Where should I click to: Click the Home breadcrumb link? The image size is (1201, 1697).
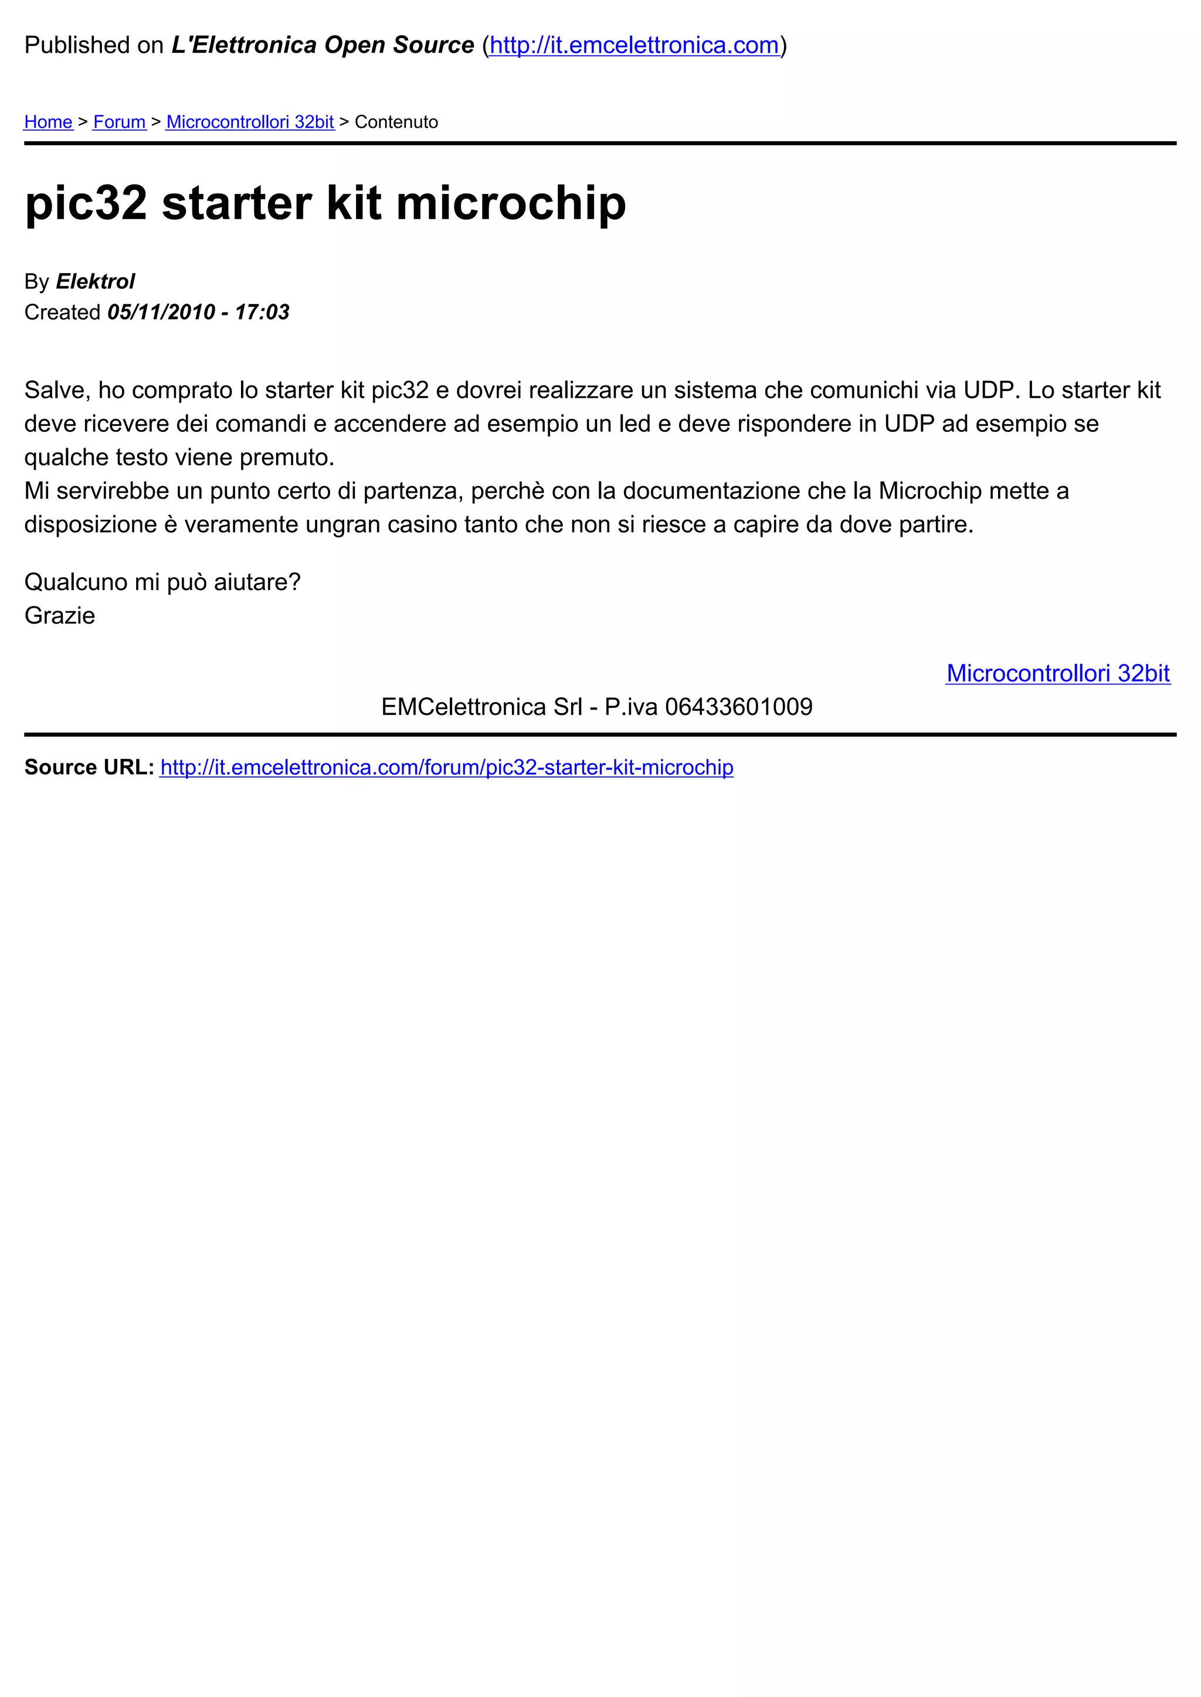coord(48,122)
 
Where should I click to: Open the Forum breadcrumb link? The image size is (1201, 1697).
coord(119,122)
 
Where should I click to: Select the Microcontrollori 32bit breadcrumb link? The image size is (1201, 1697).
coord(250,122)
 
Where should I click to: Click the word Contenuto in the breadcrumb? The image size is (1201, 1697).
coord(396,122)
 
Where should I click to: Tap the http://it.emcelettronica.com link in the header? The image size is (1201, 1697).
coord(634,45)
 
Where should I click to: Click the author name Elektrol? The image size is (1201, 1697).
coord(96,282)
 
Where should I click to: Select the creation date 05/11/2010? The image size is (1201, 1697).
coord(161,312)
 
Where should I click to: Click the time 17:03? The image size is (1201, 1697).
coord(262,312)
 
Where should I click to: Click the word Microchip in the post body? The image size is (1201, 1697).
coord(929,491)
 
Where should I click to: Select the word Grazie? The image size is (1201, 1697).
coord(60,616)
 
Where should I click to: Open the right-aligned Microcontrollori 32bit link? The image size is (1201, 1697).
coord(1057,673)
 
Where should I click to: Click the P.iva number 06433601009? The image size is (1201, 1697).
coord(739,707)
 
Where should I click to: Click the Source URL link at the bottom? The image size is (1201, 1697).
coord(447,767)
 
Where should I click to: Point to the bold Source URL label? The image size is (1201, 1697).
coord(89,767)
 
